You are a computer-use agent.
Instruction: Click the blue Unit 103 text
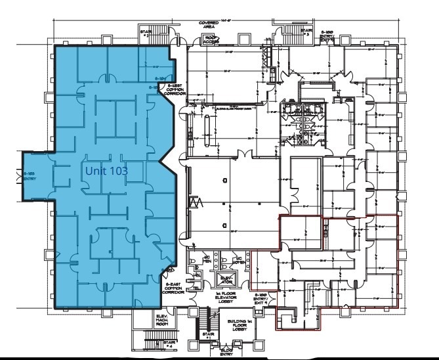[106, 171]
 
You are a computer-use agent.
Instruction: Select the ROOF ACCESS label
[211, 39]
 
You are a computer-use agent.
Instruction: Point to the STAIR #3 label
[306, 31]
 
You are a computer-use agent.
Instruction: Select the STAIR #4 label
[170, 343]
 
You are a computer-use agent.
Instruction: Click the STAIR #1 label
[209, 335]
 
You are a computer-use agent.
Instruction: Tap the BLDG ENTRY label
[226, 353]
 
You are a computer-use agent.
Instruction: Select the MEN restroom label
[206, 260]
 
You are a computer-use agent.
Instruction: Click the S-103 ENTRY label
[29, 177]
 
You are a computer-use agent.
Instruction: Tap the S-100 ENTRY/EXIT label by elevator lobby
[261, 298]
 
